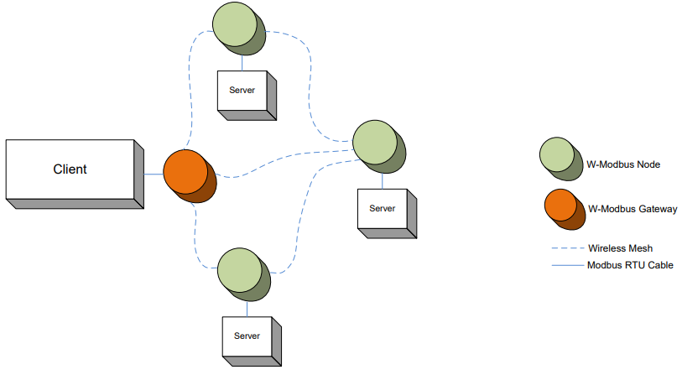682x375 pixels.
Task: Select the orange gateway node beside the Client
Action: [186, 172]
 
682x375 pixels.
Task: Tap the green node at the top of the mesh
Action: [236, 27]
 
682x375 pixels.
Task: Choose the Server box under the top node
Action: [242, 91]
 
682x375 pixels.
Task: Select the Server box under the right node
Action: [383, 209]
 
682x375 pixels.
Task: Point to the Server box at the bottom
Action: [247, 336]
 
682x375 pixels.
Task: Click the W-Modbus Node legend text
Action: [624, 164]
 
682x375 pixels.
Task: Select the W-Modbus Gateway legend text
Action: [633, 208]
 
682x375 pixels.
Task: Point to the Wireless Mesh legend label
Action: [620, 248]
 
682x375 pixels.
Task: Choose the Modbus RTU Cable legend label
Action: [631, 265]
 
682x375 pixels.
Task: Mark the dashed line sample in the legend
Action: [566, 248]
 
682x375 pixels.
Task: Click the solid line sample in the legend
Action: [566, 265]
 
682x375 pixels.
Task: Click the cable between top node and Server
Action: [242, 60]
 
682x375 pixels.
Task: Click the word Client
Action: [70, 169]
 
